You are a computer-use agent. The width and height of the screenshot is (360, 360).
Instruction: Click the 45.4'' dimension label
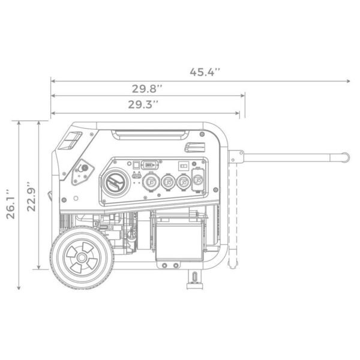coord(205,72)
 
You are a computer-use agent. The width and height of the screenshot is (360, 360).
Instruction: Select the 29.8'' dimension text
coord(148,88)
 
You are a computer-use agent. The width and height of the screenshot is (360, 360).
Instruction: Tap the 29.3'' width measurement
coord(143,104)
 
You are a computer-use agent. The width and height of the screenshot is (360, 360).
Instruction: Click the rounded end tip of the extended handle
coord(346,157)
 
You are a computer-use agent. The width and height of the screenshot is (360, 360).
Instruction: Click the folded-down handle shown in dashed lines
coord(233,210)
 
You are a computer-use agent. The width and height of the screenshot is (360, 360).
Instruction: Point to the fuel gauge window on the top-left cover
coord(71,141)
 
